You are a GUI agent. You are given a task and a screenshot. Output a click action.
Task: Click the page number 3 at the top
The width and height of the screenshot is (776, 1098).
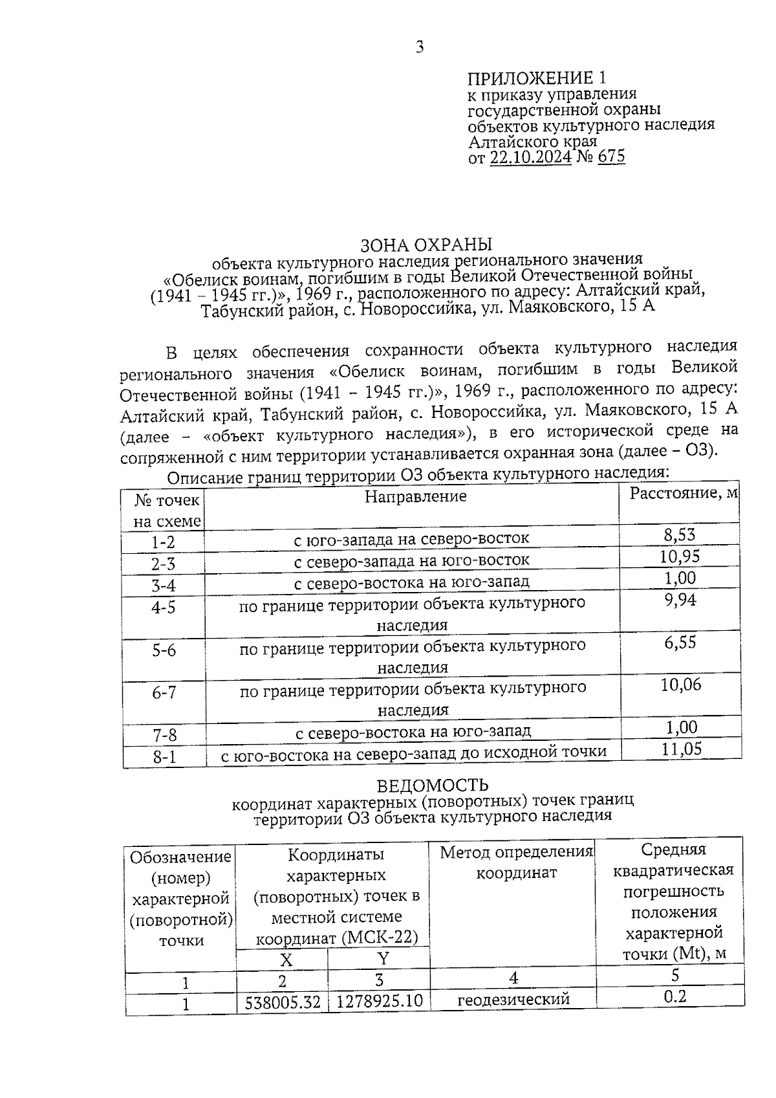click(x=420, y=47)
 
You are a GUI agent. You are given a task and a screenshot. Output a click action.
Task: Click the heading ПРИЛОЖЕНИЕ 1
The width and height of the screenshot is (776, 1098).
click(x=537, y=79)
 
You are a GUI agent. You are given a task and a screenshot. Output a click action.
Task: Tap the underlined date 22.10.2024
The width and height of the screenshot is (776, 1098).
click(x=530, y=157)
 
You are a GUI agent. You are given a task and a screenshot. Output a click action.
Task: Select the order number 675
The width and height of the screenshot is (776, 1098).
click(x=611, y=157)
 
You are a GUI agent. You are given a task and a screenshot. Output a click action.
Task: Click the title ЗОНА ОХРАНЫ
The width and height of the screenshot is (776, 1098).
click(x=426, y=245)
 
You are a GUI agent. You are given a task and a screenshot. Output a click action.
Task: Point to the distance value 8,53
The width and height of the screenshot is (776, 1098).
click(x=679, y=534)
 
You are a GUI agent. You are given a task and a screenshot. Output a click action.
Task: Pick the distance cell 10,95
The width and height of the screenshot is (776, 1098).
click(x=679, y=556)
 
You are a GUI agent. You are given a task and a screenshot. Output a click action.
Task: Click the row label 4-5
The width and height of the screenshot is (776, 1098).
click(x=163, y=608)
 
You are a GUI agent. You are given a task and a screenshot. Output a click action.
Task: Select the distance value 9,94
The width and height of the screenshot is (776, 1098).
click(x=679, y=600)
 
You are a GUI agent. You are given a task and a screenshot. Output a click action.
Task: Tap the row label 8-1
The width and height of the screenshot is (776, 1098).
click(x=164, y=756)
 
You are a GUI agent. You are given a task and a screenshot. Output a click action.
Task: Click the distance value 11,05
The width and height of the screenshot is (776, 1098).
click(x=681, y=749)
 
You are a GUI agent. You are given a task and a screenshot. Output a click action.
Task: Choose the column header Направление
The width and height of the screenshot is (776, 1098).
click(x=415, y=497)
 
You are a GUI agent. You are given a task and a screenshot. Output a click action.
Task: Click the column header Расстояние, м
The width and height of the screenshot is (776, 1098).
click(x=684, y=493)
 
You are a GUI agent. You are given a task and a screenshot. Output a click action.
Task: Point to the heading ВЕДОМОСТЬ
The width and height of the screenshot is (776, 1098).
click(x=433, y=785)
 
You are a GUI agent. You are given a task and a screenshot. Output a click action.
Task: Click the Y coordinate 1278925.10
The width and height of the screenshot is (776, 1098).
click(x=380, y=1002)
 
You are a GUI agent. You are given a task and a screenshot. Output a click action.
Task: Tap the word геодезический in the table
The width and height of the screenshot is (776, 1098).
click(x=513, y=999)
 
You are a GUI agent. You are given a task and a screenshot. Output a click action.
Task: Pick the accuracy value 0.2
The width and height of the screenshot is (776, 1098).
click(x=674, y=996)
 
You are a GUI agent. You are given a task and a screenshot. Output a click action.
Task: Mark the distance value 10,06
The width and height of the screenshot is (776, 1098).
click(x=680, y=685)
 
